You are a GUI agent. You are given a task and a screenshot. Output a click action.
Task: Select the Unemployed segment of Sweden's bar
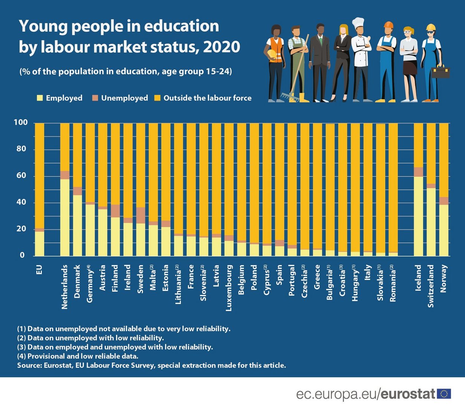pos(141,215)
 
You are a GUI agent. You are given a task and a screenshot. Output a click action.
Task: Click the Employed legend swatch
pos(40,98)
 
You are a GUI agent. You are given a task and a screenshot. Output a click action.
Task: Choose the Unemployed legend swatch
pos(95,98)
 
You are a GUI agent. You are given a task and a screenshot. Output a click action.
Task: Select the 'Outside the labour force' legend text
pos(207,98)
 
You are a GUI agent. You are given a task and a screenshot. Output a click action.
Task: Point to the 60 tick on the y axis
pos(20,176)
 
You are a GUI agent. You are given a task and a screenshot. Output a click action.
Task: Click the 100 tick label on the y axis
pos(20,122)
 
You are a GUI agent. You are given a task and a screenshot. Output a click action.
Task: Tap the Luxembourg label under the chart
pos(229,288)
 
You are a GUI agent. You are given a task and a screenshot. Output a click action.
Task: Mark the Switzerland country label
pos(431,286)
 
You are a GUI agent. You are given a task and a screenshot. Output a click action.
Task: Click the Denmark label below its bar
pos(77,281)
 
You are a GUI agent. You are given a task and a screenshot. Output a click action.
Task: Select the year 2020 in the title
pos(221,47)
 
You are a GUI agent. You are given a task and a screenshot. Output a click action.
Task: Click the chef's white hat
pos(358,23)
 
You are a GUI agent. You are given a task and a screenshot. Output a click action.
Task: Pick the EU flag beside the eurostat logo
pos(444,394)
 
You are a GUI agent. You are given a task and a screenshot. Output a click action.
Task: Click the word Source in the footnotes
pos(29,365)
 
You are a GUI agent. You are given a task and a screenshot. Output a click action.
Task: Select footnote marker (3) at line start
pos(21,347)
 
